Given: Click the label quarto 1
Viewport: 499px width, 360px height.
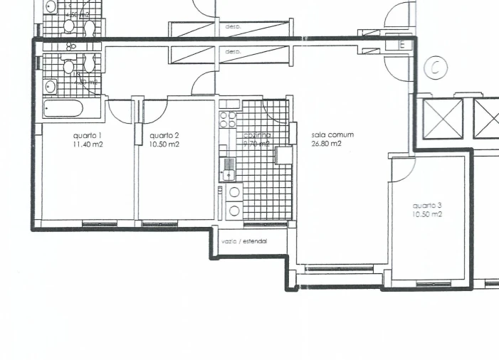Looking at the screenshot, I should click(x=87, y=135).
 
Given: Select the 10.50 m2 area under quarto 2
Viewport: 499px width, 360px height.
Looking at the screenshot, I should click(x=164, y=144).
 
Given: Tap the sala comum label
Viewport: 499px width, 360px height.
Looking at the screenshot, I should click(x=332, y=134).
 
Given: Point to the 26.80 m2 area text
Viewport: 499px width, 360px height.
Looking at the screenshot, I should click(x=326, y=143).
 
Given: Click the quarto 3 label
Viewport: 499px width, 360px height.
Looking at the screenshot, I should click(x=427, y=206).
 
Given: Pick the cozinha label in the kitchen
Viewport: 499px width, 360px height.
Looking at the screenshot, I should click(x=257, y=135).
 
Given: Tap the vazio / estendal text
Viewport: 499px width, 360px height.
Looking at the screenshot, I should click(x=244, y=242).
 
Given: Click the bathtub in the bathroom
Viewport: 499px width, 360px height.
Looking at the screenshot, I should click(x=63, y=110).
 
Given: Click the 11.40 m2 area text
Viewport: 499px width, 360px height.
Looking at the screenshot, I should click(x=87, y=144).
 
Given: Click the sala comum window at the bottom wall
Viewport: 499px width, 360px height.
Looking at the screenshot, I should click(x=338, y=269).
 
